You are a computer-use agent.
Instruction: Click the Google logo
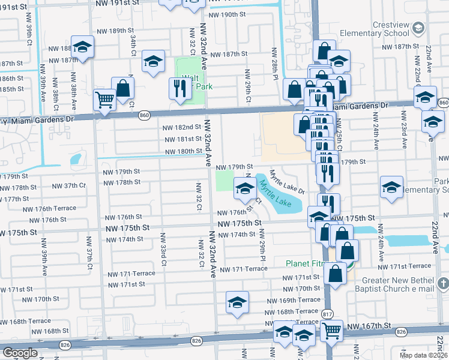point(20,353)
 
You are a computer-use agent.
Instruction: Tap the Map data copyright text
point(423,355)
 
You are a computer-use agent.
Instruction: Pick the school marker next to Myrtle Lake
point(244,188)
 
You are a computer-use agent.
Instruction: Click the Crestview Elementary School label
point(381,33)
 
